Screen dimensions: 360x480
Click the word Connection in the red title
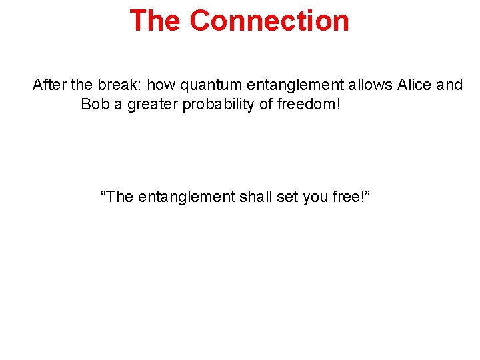[x=269, y=20]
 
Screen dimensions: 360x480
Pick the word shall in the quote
[x=255, y=197]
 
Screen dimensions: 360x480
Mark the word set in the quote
[x=288, y=197]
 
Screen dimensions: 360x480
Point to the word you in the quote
[x=317, y=197]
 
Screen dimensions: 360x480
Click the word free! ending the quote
[x=351, y=197]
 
